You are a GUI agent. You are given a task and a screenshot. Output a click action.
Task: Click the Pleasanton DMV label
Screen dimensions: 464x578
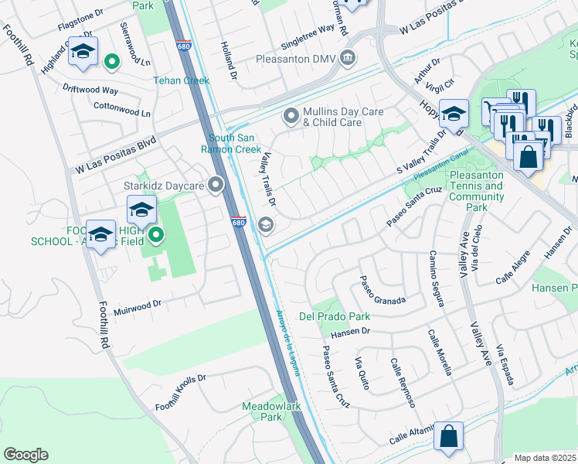(297, 58)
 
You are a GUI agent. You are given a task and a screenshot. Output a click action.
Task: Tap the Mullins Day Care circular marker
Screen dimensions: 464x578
(291, 116)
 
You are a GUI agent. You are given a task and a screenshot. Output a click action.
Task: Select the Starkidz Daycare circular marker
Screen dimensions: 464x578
(216, 185)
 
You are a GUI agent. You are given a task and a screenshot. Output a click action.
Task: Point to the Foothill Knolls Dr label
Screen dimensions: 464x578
(181, 392)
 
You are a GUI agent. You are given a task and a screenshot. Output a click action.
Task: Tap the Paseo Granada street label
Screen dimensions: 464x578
(382, 291)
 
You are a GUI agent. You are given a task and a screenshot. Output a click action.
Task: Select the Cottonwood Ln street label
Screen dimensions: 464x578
(121, 109)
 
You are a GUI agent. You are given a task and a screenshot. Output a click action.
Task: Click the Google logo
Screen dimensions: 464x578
(25, 455)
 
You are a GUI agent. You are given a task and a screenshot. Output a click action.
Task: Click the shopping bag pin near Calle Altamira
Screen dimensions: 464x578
(448, 437)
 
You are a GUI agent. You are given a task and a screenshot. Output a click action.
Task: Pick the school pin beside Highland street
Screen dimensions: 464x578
(82, 52)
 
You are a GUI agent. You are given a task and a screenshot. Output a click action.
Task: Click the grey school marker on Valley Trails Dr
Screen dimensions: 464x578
(266, 225)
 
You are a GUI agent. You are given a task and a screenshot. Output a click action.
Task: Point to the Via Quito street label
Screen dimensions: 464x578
(362, 374)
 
